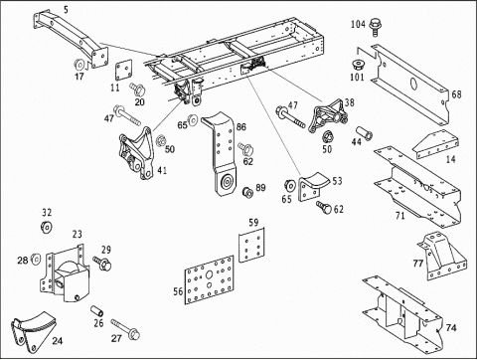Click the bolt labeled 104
376,26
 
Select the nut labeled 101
358,65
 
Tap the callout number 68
456,94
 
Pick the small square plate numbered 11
123,71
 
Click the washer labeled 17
79,65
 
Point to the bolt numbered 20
137,89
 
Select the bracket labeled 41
136,153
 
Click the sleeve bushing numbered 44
365,133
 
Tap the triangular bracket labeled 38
328,115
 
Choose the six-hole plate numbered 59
251,245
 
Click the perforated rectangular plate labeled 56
209,279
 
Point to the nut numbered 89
247,192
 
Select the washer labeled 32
46,227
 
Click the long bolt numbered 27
125,329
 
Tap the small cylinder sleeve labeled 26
97,311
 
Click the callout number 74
451,328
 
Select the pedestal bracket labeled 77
441,256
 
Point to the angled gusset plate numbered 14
435,144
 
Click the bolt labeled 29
102,263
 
